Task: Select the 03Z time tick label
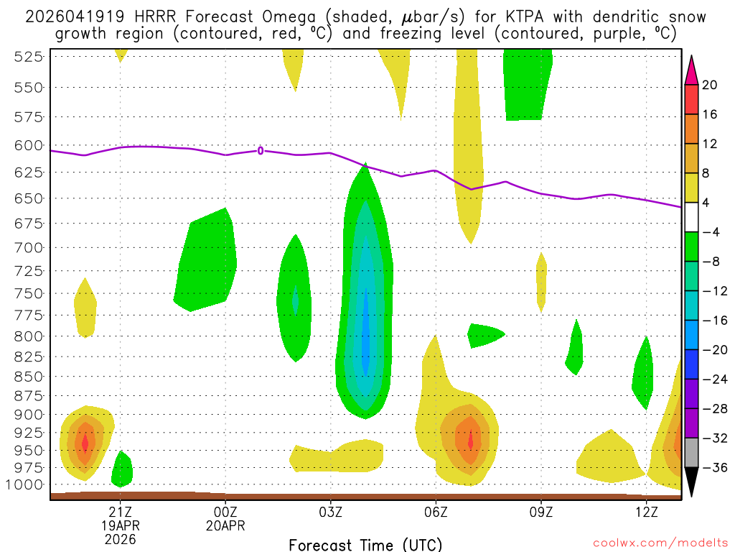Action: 331,512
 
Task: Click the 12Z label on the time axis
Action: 647,512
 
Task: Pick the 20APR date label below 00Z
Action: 225,525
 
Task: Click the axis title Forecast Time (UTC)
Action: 366,544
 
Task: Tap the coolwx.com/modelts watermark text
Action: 661,543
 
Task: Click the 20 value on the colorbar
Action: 710,86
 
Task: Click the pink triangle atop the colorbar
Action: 691,70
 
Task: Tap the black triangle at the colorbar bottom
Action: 691,482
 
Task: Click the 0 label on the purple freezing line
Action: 261,150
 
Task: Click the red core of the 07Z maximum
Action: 470,439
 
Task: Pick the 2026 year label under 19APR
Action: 120,538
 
